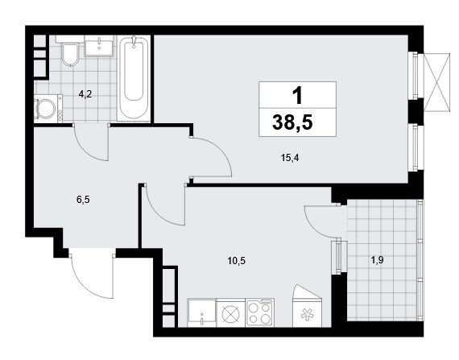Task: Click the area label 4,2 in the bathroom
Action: point(85,94)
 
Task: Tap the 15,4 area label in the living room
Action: point(290,158)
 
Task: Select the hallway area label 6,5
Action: point(83,200)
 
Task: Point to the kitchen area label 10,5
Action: point(237,260)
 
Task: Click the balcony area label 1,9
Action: point(378,260)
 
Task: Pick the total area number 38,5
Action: point(293,122)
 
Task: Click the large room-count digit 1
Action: point(297,96)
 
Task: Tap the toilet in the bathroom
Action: point(70,54)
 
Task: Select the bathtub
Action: point(134,77)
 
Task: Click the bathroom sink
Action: point(99,48)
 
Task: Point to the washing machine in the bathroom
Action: point(48,109)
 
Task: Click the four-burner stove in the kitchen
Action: point(260,312)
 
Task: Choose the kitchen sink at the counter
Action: point(201,312)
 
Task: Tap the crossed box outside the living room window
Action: point(436,82)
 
